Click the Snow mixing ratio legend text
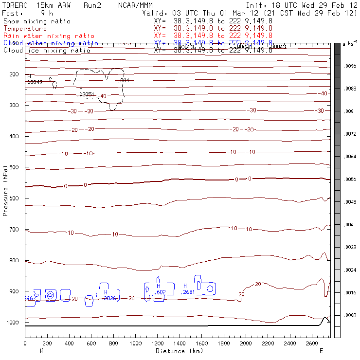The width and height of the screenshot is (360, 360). [37, 21]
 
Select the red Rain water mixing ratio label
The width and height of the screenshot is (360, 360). [42, 36]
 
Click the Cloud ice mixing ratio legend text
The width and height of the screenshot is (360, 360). [47, 51]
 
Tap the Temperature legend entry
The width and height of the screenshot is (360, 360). [25, 29]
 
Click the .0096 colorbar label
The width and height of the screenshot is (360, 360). [350, 67]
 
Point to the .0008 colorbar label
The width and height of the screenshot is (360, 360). [350, 315]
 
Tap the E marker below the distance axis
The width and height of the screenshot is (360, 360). [321, 350]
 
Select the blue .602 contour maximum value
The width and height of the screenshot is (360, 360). [160, 292]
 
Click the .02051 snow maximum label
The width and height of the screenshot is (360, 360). [86, 94]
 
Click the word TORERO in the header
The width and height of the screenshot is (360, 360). [15, 5]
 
